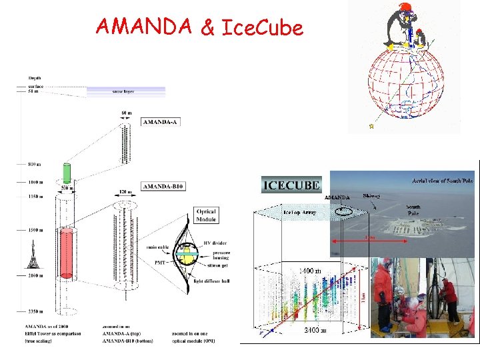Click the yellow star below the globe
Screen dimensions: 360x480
click(372, 125)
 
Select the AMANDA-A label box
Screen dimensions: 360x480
click(160, 121)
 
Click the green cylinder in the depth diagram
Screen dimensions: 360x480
click(66, 173)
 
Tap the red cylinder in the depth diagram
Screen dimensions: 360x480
click(66, 253)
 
